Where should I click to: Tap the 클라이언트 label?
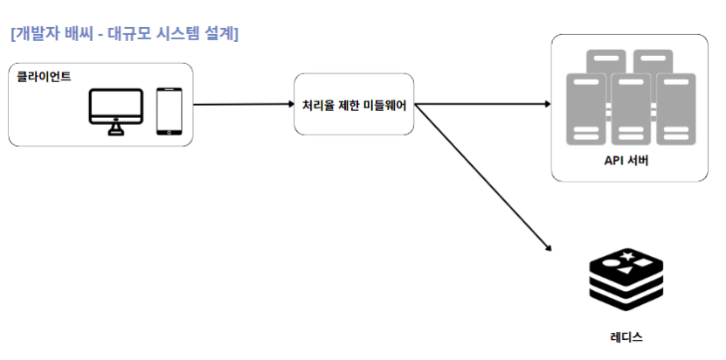[x=45, y=76]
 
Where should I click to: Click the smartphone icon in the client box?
[x=169, y=111]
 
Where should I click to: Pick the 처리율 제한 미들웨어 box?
[x=353, y=104]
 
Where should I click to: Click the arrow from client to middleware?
[x=243, y=104]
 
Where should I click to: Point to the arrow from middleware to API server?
[x=481, y=104]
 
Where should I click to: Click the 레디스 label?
[x=626, y=335]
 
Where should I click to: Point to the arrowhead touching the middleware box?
[x=290, y=104]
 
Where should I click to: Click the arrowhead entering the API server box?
[x=548, y=104]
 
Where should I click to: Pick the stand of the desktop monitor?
[x=116, y=129]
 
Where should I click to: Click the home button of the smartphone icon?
[x=169, y=132]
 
